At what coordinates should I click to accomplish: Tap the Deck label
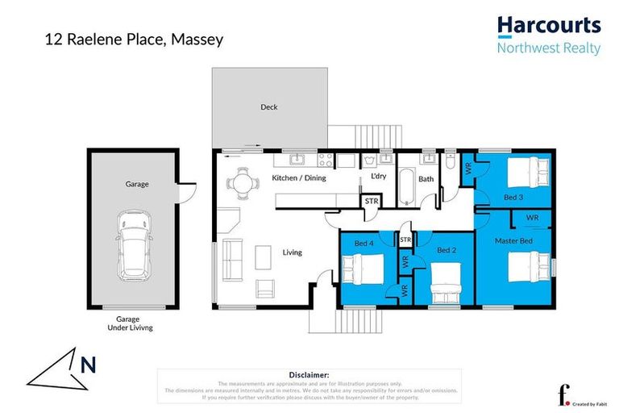[x=268, y=107]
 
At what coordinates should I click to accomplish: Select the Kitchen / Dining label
[x=299, y=177]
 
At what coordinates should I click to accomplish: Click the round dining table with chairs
[x=242, y=181]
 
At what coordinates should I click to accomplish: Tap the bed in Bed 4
[x=359, y=268]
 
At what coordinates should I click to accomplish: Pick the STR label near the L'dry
[x=372, y=201]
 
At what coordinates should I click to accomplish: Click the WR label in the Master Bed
[x=532, y=218]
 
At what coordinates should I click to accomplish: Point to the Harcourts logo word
[x=548, y=26]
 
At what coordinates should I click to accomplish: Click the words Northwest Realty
[x=548, y=48]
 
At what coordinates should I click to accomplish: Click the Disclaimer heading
[x=309, y=374]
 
